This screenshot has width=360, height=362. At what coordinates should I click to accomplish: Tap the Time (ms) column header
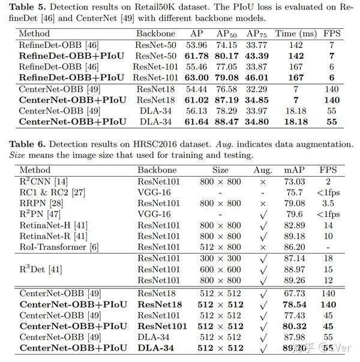pos(295,34)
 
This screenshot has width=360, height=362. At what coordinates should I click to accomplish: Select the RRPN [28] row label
pos(40,203)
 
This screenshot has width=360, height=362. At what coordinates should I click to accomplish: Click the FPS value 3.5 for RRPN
pos(328,203)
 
